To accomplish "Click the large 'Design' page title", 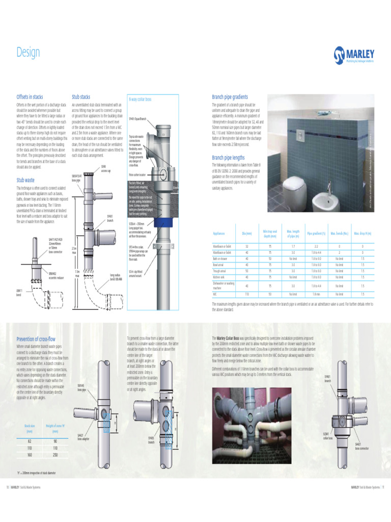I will point(28,53).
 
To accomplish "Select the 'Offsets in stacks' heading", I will point(30,97).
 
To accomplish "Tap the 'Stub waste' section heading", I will point(25,180).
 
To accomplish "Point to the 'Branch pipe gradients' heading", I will point(230,97).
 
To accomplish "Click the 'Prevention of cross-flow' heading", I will point(36,339).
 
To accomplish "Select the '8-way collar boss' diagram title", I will point(140,99).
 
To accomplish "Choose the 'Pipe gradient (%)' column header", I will point(316,233).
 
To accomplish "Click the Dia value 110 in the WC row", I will point(247,294).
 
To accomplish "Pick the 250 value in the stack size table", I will point(54,455).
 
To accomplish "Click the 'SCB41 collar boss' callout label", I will point(328,436).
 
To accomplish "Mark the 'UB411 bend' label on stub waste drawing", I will point(19,292).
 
